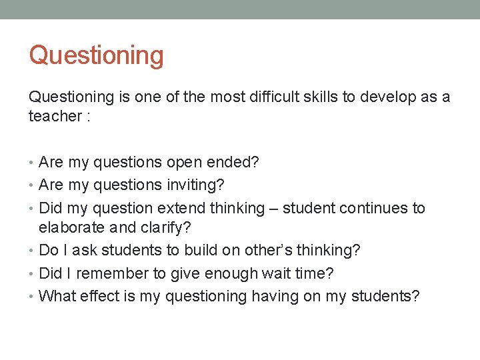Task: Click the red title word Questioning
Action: [x=96, y=55]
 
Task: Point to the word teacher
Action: [x=55, y=116]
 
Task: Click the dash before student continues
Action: [x=273, y=209]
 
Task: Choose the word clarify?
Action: [x=166, y=228]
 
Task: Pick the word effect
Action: [x=101, y=296]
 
